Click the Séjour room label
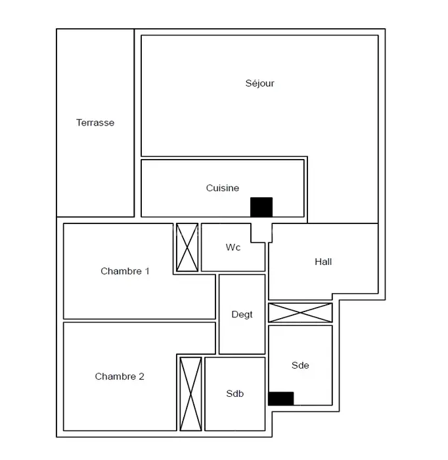[259, 83]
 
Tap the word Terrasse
[95, 122]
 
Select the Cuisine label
[223, 188]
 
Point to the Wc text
[233, 247]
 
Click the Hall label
[323, 262]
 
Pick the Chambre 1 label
[125, 271]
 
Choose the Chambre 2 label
[120, 377]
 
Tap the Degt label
[242, 315]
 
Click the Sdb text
[235, 394]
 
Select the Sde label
[300, 365]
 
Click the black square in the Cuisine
[261, 207]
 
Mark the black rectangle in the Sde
[281, 398]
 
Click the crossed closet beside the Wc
[187, 247]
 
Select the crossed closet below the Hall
[300, 313]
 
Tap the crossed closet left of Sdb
[190, 394]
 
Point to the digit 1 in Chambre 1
[147, 271]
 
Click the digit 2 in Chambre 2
[141, 377]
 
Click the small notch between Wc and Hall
[261, 233]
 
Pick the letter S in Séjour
[248, 83]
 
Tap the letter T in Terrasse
[79, 122]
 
